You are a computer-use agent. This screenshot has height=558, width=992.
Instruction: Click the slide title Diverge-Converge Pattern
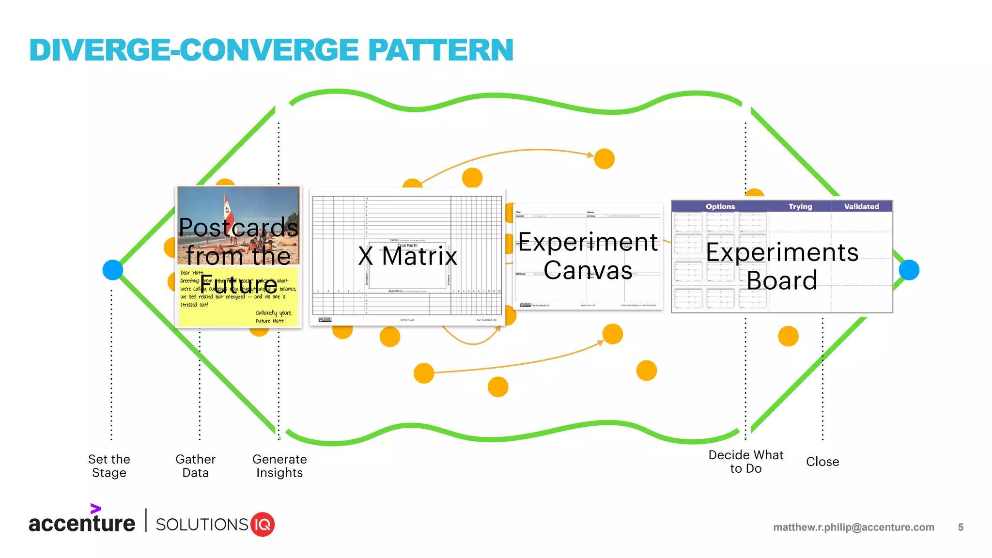271,50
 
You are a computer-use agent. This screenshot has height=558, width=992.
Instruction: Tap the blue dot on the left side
113,270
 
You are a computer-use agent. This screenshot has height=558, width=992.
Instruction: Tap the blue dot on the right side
909,270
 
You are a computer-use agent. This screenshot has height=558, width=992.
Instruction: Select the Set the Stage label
109,465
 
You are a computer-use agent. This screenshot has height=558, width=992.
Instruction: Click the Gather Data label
195,465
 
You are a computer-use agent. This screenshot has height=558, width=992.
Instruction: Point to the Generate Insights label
279,465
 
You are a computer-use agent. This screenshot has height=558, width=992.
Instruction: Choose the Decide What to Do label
745,461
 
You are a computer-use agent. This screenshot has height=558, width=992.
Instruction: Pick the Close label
822,462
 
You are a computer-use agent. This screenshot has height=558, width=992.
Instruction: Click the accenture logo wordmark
82,524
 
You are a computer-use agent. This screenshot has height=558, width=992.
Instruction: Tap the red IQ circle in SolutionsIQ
263,524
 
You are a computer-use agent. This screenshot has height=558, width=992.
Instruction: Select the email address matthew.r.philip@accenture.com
853,527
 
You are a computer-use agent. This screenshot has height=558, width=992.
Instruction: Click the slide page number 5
961,527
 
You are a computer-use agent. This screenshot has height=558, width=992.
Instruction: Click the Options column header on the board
720,206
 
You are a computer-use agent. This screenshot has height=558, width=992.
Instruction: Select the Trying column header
800,206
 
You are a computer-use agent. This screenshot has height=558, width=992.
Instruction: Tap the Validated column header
861,206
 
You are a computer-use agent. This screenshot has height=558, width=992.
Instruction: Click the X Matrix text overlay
407,256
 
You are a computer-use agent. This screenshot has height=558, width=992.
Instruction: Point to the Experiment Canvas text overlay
588,256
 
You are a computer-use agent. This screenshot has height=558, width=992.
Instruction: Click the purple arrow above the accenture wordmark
95,509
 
